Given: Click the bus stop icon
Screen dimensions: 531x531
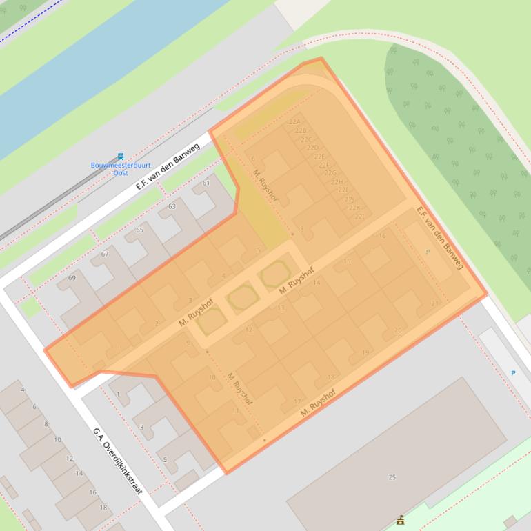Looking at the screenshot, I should [x=121, y=157].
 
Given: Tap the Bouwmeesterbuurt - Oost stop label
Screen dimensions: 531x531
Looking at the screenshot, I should [x=121, y=169].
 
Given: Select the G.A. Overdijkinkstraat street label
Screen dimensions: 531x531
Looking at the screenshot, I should [x=118, y=461].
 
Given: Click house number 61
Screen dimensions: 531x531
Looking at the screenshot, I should [x=206, y=183].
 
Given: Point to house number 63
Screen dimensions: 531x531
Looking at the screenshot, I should [x=172, y=206].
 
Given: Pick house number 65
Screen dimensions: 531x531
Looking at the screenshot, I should [x=140, y=230].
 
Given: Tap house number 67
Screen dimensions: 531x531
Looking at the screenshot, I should [x=105, y=254].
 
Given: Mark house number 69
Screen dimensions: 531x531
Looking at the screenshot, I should [x=72, y=278].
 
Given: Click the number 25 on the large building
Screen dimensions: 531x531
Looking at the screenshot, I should [x=392, y=477].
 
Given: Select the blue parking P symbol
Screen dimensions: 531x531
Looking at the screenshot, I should [x=513, y=373].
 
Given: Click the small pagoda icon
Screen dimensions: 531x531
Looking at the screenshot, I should [x=400, y=519].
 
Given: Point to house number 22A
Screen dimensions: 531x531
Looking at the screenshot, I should [x=294, y=122].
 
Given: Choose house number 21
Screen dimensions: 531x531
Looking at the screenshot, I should [x=434, y=303].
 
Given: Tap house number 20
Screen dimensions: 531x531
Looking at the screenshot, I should [x=397, y=330].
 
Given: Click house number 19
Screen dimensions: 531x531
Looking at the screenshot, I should [x=365, y=353].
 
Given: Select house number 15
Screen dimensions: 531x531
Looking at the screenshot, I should [x=347, y=261].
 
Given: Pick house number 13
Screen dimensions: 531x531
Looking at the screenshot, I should [x=281, y=308].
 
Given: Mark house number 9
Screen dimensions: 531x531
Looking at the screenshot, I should [x=188, y=343].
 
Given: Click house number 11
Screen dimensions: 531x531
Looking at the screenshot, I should [x=235, y=411].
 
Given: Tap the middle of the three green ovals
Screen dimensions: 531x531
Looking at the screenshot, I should [x=243, y=297].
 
